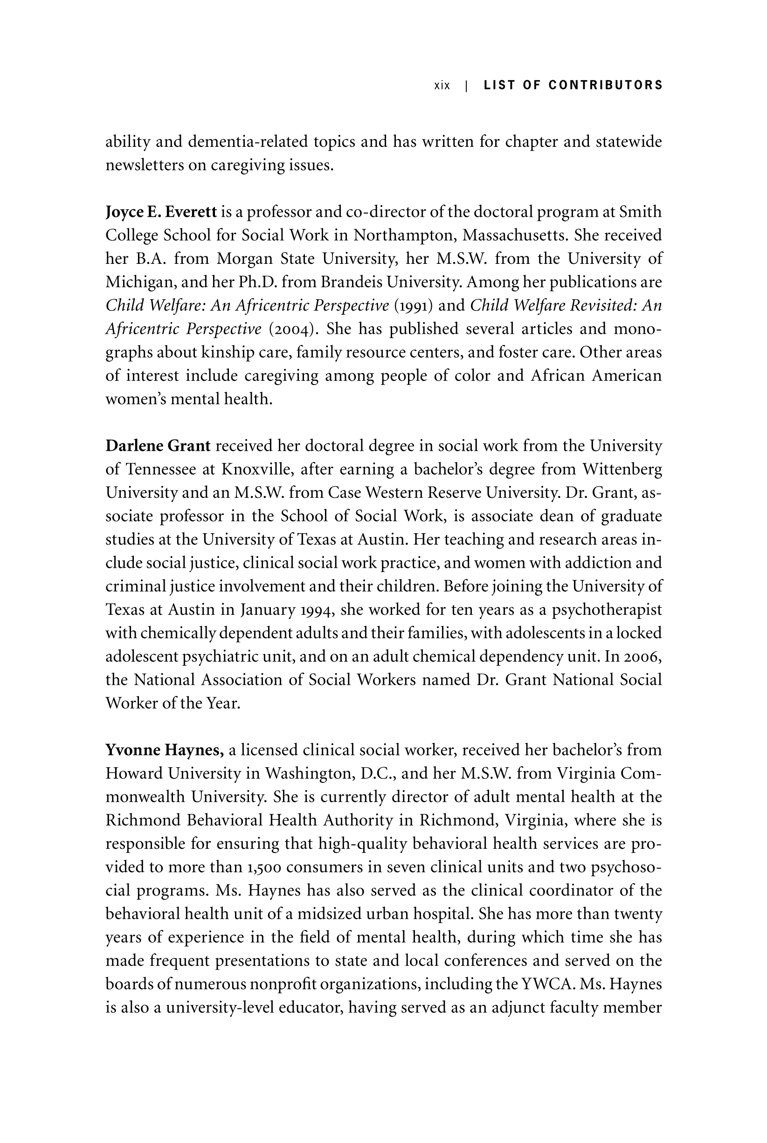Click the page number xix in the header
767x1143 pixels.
442,86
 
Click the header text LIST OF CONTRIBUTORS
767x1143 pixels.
573,85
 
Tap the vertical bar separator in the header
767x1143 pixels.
467,86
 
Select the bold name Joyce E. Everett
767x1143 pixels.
161,212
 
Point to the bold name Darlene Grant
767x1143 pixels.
158,446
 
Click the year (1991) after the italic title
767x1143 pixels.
414,306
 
